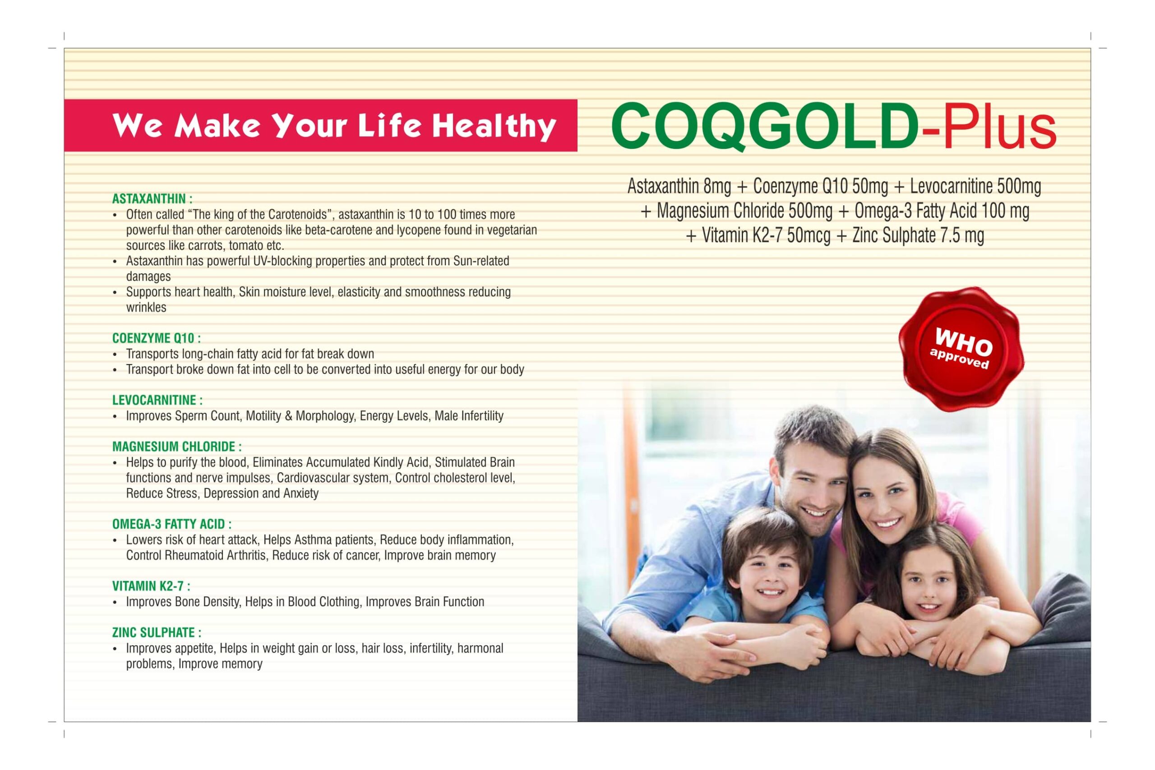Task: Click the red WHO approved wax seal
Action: click(x=961, y=349)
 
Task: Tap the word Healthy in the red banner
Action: click(x=494, y=127)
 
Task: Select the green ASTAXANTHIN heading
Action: click(x=152, y=199)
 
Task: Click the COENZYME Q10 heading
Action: click(x=156, y=338)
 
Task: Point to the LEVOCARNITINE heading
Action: click(x=157, y=400)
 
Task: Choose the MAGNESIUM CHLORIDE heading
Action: click(x=177, y=447)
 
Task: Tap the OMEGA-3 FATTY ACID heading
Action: click(x=172, y=525)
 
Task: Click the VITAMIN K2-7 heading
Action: click(x=151, y=586)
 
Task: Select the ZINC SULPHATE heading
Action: click(x=157, y=632)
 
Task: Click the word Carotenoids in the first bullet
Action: click(x=298, y=215)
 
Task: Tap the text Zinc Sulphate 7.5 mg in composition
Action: click(x=918, y=236)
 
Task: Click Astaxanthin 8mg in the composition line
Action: click(x=679, y=187)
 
